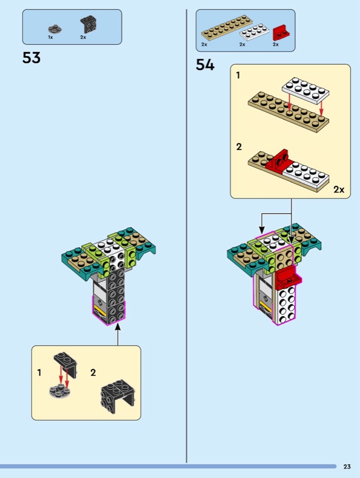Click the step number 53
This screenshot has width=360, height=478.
pos(31,57)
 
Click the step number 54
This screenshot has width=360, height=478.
pos(205,65)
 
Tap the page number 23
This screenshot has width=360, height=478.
pos(347,467)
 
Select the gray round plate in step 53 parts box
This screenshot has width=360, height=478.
pos(55,29)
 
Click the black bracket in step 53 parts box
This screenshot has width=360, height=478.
pos(89,25)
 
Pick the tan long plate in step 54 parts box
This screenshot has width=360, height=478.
pos(227,28)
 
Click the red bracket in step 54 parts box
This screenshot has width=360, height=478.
pos(281,32)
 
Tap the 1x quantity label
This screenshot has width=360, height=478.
pos(50,37)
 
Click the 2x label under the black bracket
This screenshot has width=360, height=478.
pos(83,37)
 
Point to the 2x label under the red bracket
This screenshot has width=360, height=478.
pos(276,44)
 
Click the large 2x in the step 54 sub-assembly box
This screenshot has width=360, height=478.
pos(338,189)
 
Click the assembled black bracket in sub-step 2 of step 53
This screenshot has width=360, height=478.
pos(118,396)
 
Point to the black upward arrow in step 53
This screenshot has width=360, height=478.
pos(118,335)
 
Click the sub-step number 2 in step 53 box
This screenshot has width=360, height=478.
pos(93,372)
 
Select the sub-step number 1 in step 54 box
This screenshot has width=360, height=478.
pos(238,75)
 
